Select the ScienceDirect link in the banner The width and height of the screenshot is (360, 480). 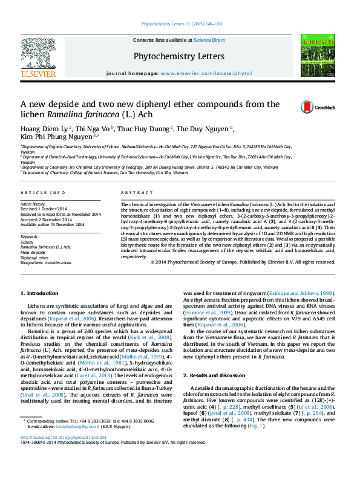209,40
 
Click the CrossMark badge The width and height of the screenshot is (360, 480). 318,108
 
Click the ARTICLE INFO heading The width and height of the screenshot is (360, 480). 43,192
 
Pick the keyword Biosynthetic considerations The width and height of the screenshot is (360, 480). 45,263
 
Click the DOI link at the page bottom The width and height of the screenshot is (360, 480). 64,436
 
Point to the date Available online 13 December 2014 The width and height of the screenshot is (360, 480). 53,224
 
